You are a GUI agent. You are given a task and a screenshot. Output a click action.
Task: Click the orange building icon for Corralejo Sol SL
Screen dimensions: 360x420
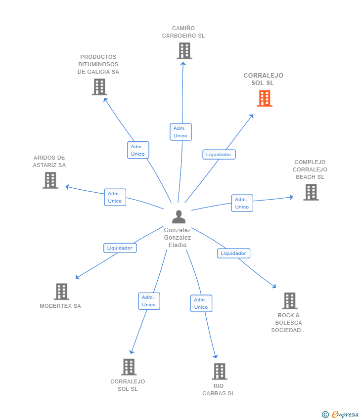pos(265,98)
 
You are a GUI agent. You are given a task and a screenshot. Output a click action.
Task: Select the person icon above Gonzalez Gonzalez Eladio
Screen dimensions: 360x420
pos(179,217)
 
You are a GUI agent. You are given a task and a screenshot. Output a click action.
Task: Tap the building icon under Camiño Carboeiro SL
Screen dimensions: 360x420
pos(184,51)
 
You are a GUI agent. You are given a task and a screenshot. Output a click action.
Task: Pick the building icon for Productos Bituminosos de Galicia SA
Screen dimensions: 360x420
pos(99,87)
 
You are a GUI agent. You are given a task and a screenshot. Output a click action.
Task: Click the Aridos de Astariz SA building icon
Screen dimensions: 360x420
pos(50,180)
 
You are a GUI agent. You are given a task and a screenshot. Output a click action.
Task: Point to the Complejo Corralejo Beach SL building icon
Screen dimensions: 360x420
pos(311,192)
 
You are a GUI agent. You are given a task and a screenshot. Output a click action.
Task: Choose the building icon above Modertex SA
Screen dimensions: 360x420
pos(61,292)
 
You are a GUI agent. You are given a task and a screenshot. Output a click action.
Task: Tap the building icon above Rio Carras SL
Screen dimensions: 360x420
pos(220,371)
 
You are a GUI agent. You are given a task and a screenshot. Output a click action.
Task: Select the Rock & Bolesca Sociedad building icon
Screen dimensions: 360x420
pos(290,301)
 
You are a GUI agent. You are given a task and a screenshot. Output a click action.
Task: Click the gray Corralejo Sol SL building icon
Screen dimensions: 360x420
pos(129,367)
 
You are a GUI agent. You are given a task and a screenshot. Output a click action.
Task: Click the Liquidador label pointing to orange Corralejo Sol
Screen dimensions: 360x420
pos(219,155)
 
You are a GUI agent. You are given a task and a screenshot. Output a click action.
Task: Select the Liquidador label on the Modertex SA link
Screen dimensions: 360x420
pos(120,248)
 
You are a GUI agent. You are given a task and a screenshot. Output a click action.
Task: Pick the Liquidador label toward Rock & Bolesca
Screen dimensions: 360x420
pos(234,253)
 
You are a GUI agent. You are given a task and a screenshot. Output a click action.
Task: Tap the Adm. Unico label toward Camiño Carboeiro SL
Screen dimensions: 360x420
pos(180,132)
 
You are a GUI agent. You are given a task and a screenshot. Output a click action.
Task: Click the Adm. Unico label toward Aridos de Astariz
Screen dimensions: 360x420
pos(115,198)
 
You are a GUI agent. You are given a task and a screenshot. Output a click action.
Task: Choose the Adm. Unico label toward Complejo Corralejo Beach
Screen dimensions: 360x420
pos(242,203)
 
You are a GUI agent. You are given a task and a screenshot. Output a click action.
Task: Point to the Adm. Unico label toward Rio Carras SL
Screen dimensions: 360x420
pos(201,303)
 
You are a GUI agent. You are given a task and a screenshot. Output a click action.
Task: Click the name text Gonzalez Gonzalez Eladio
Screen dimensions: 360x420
pos(178,238)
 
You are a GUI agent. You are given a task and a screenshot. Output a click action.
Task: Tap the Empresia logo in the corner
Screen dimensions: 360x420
pos(340,415)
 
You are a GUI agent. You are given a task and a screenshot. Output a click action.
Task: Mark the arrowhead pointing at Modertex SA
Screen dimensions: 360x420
pos(78,277)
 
